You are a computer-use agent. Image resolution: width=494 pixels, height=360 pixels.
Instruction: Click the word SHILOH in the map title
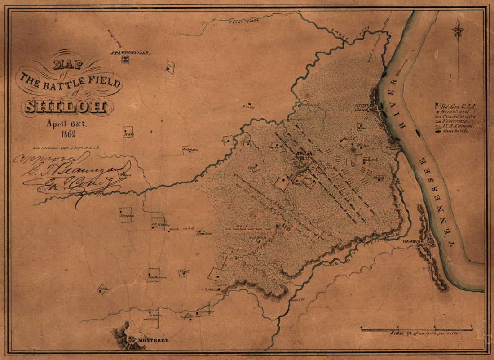[66, 106]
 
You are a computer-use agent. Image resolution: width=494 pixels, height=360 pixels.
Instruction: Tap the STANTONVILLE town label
[131, 53]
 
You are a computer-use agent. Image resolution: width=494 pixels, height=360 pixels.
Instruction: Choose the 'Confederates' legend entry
[458, 116]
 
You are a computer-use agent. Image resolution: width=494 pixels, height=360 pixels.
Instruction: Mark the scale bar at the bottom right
[416, 329]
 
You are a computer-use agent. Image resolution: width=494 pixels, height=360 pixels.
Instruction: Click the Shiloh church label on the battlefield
[304, 154]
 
